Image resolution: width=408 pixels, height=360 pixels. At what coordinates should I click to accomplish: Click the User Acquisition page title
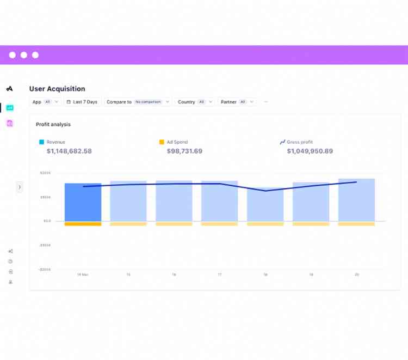point(57,89)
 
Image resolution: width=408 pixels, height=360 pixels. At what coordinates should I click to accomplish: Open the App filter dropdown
point(45,102)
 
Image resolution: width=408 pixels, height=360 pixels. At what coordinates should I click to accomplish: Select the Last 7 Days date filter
point(82,102)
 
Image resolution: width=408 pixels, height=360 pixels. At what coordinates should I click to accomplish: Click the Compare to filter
point(138,102)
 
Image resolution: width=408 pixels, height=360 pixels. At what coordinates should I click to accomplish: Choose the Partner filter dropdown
point(237,102)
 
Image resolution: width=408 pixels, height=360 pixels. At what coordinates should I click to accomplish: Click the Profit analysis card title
point(53,125)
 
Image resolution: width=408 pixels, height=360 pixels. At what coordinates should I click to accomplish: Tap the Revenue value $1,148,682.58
point(69,151)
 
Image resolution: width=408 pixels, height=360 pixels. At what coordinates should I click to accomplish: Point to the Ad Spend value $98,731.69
point(184,151)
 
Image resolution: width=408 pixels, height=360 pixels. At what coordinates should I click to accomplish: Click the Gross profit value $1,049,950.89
point(310,151)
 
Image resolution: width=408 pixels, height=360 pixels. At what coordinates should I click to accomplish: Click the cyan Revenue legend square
point(41,142)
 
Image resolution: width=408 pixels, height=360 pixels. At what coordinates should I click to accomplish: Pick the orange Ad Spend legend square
point(162,142)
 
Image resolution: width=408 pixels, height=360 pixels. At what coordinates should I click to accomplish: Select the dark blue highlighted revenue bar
point(83,202)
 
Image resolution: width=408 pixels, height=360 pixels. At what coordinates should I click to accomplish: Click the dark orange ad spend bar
point(83,224)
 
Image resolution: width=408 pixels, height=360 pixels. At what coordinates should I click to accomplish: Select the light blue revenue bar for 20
point(356,200)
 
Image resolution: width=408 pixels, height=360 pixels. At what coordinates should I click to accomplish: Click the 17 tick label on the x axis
point(220,275)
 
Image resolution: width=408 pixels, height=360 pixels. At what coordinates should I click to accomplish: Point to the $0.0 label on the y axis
point(47,221)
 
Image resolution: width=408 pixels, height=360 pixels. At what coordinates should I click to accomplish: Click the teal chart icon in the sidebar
point(10,108)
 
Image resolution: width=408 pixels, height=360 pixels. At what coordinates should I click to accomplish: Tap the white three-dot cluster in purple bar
point(24,55)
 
